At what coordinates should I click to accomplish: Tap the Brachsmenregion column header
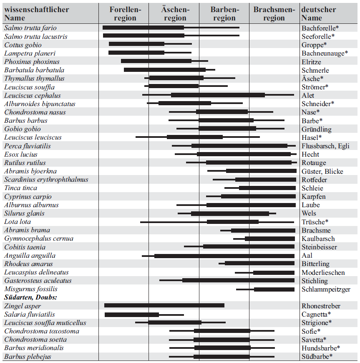[274, 14]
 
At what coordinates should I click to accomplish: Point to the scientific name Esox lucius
[21, 155]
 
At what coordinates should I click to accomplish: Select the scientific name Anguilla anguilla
[30, 256]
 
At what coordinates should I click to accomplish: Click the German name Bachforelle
[320, 28]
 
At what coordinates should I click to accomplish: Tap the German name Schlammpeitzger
[326, 289]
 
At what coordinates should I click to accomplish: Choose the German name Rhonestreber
[321, 306]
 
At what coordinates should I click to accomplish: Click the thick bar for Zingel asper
[164, 306]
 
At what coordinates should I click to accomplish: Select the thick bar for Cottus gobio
[136, 44]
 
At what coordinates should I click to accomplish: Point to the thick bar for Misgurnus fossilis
[274, 289]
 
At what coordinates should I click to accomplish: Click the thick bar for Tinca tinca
[267, 188]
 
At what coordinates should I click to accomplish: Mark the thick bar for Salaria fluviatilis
[131, 315]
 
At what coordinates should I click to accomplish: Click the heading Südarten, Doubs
[30, 297]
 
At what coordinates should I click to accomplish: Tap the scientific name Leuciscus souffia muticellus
[45, 323]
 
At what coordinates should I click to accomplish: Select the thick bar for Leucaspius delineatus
[274, 272]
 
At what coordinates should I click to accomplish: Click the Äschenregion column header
[175, 14]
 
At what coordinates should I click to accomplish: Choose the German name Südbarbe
[317, 357]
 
